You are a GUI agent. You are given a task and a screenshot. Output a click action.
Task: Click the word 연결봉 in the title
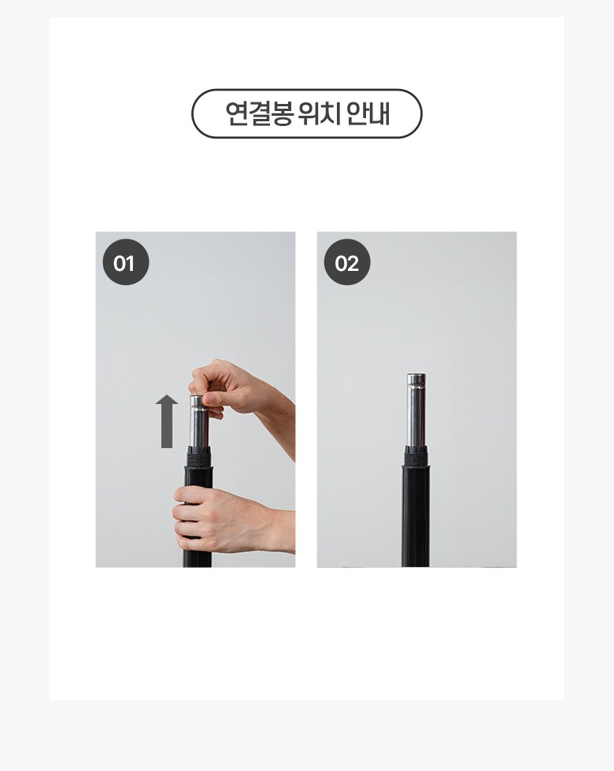click(x=260, y=113)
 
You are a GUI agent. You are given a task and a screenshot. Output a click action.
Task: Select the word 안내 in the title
click(x=368, y=113)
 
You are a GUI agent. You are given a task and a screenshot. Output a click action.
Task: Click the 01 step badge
click(x=125, y=262)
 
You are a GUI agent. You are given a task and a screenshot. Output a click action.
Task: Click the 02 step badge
click(x=347, y=262)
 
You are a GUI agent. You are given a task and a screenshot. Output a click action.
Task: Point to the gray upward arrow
click(x=167, y=421)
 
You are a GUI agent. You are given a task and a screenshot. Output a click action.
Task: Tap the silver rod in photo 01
click(x=201, y=423)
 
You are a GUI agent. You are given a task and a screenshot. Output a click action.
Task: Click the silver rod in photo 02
click(x=416, y=410)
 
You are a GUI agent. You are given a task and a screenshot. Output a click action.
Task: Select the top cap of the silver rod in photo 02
click(x=416, y=380)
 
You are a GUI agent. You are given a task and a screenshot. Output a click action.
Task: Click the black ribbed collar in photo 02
click(x=416, y=456)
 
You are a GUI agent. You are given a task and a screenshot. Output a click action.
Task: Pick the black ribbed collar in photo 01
click(x=200, y=456)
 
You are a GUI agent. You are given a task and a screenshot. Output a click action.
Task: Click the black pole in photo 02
click(x=416, y=516)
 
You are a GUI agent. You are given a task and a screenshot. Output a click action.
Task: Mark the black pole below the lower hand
click(x=198, y=559)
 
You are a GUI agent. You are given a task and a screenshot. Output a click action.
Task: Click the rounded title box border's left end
click(x=192, y=113)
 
